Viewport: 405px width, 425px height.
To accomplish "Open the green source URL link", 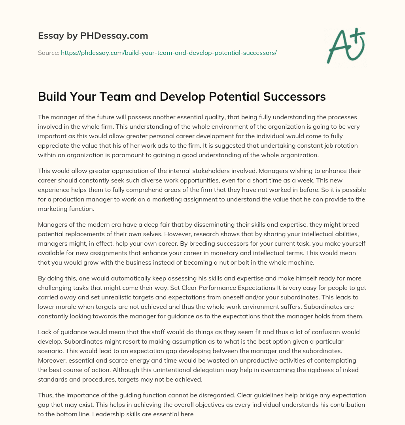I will [x=168, y=53].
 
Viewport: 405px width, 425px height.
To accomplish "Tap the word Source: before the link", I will [x=49, y=53].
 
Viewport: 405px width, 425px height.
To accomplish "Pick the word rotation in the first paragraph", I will [x=344, y=145].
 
